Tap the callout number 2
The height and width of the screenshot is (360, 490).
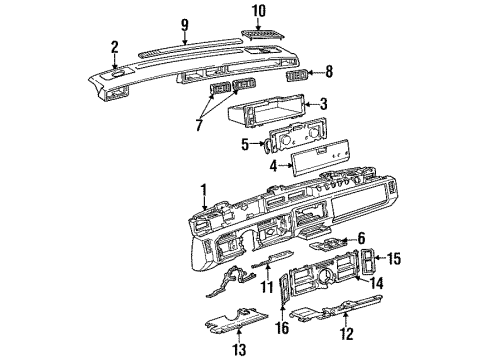[x=114, y=46]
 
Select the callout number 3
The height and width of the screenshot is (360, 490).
[x=323, y=103]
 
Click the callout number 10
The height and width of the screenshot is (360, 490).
[x=259, y=11]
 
